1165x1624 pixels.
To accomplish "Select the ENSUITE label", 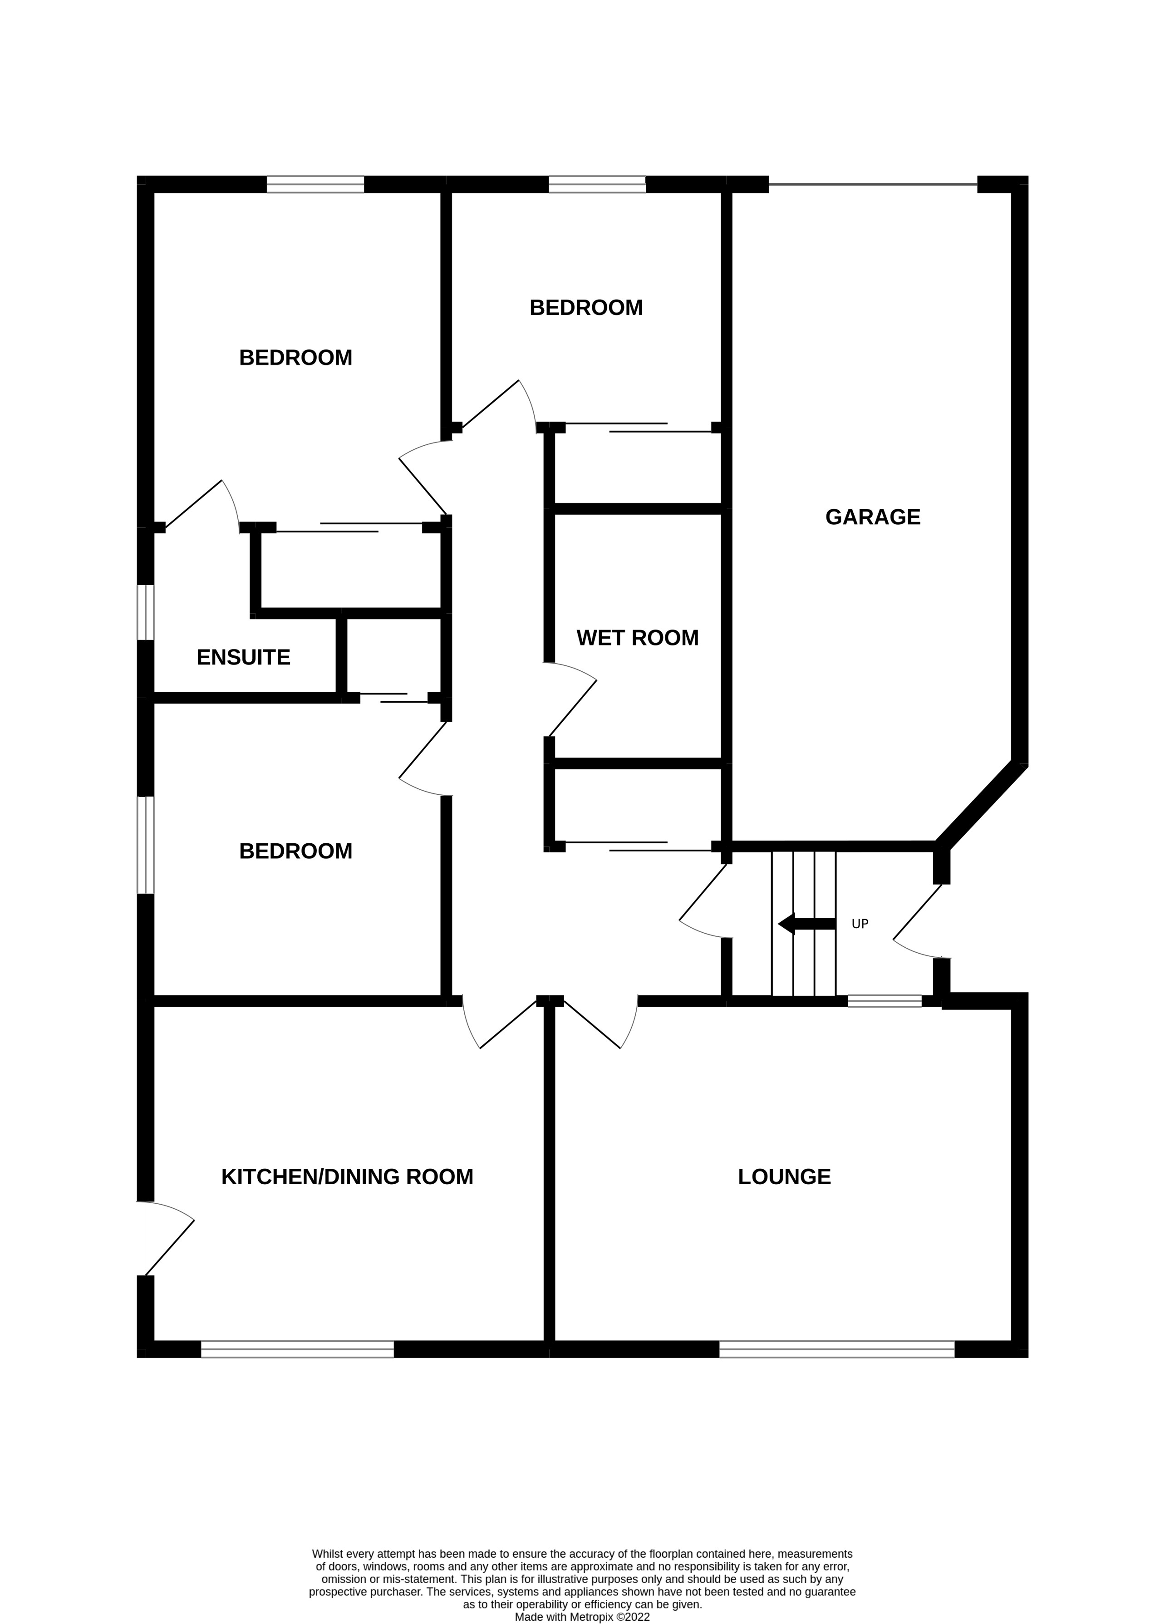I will (x=243, y=657).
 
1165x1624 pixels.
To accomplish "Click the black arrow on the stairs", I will (x=806, y=924).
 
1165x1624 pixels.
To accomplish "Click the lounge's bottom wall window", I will (x=836, y=1349).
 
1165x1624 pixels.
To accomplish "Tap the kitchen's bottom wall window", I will (x=297, y=1349).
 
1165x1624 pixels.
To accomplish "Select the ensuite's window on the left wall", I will (x=145, y=612).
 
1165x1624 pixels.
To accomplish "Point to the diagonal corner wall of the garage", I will (x=981, y=803).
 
